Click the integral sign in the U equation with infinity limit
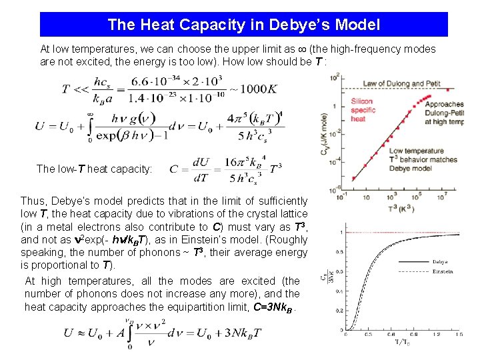pyautogui.click(x=89, y=127)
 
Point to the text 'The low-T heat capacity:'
pyautogui.click(x=94, y=169)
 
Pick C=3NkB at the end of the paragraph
pyautogui.click(x=271, y=307)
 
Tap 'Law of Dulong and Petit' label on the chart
pyautogui.click(x=393, y=84)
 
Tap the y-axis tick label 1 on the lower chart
pyautogui.click(x=341, y=232)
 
